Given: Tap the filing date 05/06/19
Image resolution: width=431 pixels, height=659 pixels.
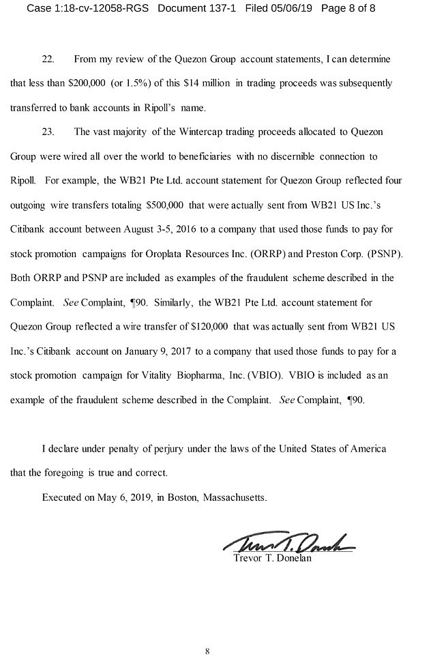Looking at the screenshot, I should click(305, 9).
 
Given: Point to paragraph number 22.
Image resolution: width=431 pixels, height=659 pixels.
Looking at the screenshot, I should click(48, 59).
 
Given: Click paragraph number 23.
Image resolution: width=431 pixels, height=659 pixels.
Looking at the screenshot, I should click(48, 132).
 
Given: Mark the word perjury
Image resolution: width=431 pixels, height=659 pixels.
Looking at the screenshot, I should click(167, 448).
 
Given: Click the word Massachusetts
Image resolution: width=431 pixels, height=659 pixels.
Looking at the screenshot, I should click(235, 497).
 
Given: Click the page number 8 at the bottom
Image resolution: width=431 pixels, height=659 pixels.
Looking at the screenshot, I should click(207, 651).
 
